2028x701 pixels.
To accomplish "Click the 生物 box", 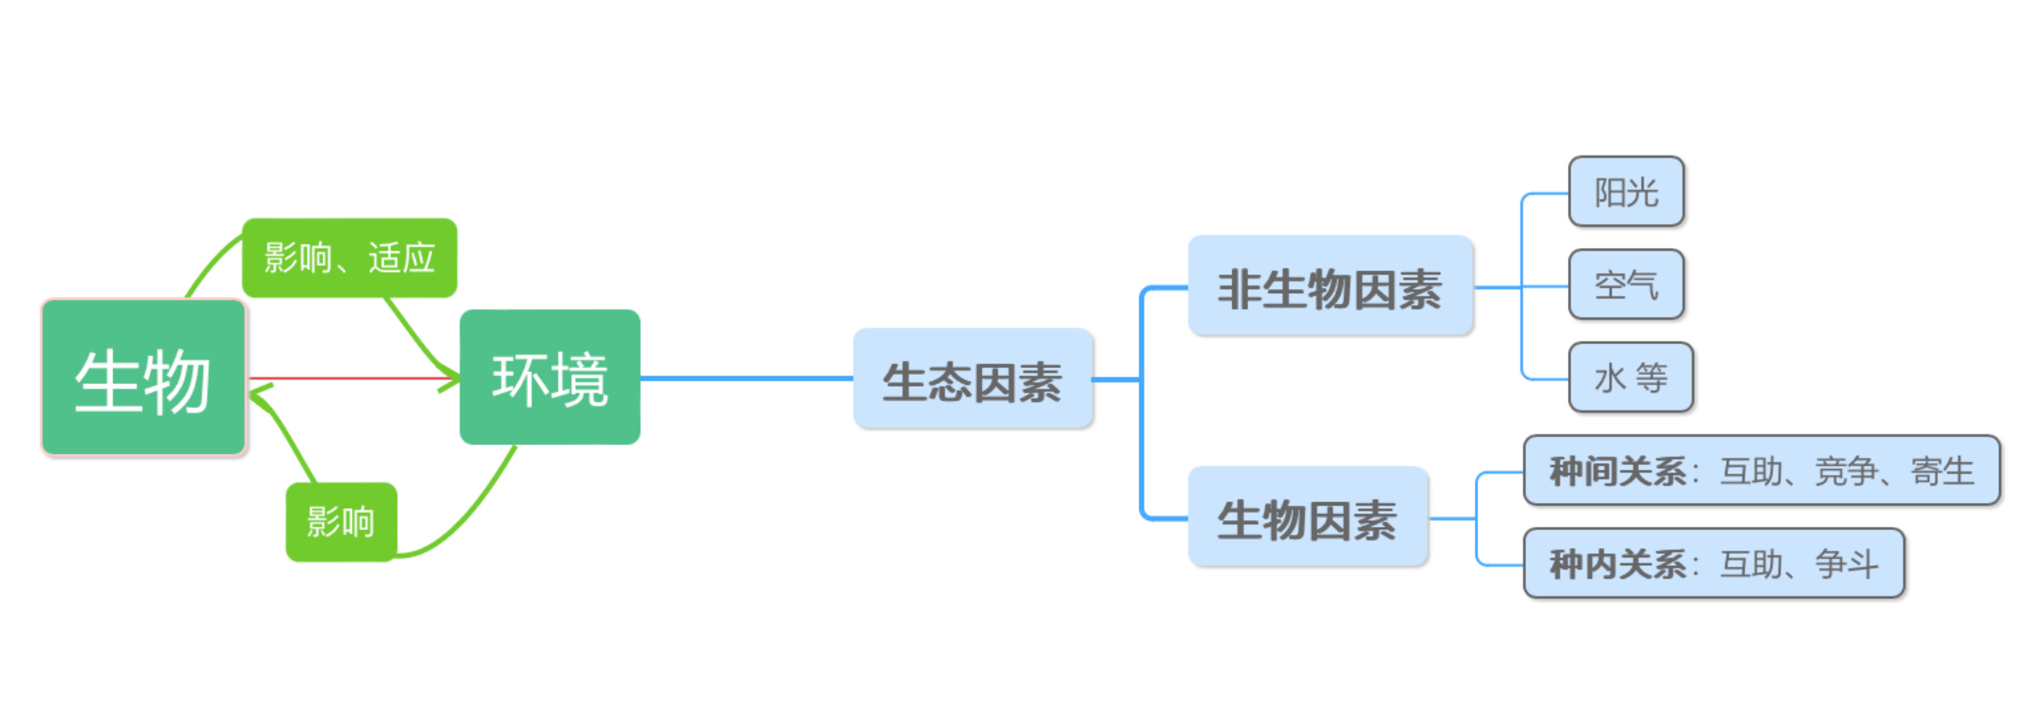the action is coord(144,377).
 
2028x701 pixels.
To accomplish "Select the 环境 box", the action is coord(550,376).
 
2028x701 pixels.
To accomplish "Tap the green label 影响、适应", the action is coord(349,257).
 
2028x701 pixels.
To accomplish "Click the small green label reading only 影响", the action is coord(341,522).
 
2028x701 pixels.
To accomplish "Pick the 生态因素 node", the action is coord(973,379).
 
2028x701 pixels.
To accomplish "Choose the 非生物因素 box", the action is coord(1330,286).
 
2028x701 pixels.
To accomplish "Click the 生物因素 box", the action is coord(1308,517).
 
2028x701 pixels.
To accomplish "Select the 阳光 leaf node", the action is coord(1627,192).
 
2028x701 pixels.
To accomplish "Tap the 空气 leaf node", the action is coord(1627,285).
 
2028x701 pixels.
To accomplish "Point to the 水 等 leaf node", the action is coord(1631,377).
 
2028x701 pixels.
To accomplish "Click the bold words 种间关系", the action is coord(1617,472).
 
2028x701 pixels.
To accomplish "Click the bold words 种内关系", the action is coord(1617,564).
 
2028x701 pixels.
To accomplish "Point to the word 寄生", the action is coord(1942,472).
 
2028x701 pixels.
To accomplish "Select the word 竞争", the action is coord(1846,472).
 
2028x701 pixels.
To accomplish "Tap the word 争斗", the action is coord(1846,564).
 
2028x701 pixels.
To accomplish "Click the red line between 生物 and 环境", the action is coord(353,378).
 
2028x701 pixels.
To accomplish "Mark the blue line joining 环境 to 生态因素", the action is coord(747,378).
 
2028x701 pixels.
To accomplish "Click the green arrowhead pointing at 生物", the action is coord(259,395).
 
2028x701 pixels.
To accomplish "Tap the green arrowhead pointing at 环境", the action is coord(448,378).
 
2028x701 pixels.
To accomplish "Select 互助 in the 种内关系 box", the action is coord(1751,564).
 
